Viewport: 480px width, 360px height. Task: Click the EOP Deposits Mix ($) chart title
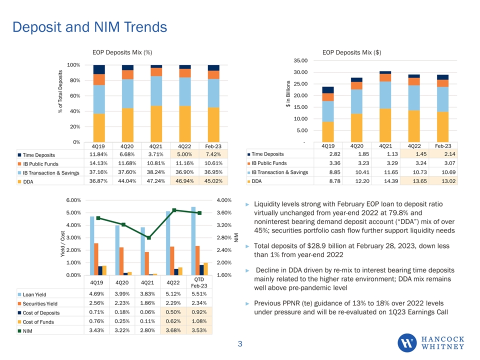[x=352, y=51]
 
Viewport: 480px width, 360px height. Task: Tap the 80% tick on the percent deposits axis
[x=74, y=80]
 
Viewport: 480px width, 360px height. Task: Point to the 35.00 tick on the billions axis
[x=300, y=60]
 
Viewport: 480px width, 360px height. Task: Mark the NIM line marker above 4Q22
[x=174, y=210]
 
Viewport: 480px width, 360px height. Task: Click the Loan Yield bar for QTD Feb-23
[x=193, y=240]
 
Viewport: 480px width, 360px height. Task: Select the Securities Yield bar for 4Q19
[x=96, y=259]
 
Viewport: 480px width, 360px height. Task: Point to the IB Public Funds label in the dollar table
[x=269, y=163]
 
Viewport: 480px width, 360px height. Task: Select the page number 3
[x=240, y=343]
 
